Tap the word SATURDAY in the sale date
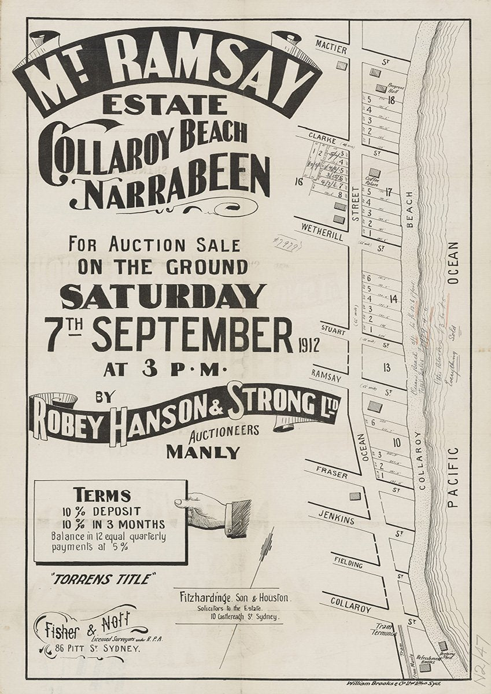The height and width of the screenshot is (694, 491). click(x=163, y=297)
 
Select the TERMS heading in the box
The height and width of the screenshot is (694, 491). click(x=102, y=495)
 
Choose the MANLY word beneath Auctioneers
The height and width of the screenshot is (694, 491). click(x=202, y=452)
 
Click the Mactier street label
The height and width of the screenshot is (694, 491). click(x=331, y=51)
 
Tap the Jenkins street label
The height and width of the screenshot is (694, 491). click(x=336, y=520)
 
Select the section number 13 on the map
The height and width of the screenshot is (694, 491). click(x=386, y=367)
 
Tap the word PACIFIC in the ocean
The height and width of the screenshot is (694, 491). click(x=453, y=477)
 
